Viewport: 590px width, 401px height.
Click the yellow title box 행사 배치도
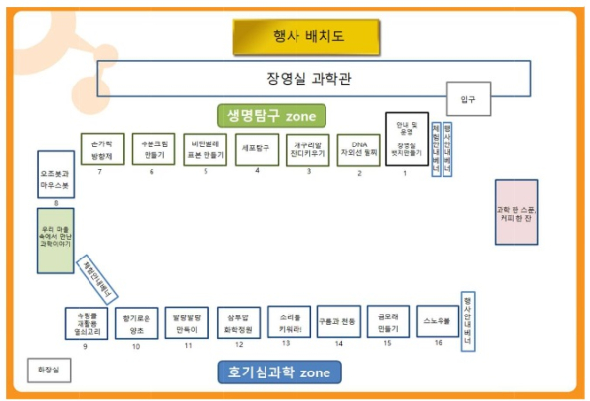pos(305,38)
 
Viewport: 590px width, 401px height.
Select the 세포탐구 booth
pos(256,149)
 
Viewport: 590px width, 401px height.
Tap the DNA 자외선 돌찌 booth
pos(359,149)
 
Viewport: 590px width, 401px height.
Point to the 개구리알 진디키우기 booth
pos(308,149)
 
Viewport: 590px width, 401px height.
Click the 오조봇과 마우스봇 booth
pos(55,175)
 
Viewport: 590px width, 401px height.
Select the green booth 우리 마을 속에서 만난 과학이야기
pos(55,240)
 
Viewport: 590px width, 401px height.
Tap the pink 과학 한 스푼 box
pos(516,211)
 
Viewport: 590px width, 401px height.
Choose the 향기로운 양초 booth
pos(135,321)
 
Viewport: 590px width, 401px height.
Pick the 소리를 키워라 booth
pos(289,321)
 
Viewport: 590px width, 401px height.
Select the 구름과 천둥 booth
pos(337,321)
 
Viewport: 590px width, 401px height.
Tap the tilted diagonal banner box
pos(97,278)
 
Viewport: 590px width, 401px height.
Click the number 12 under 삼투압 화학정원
pos(238,345)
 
